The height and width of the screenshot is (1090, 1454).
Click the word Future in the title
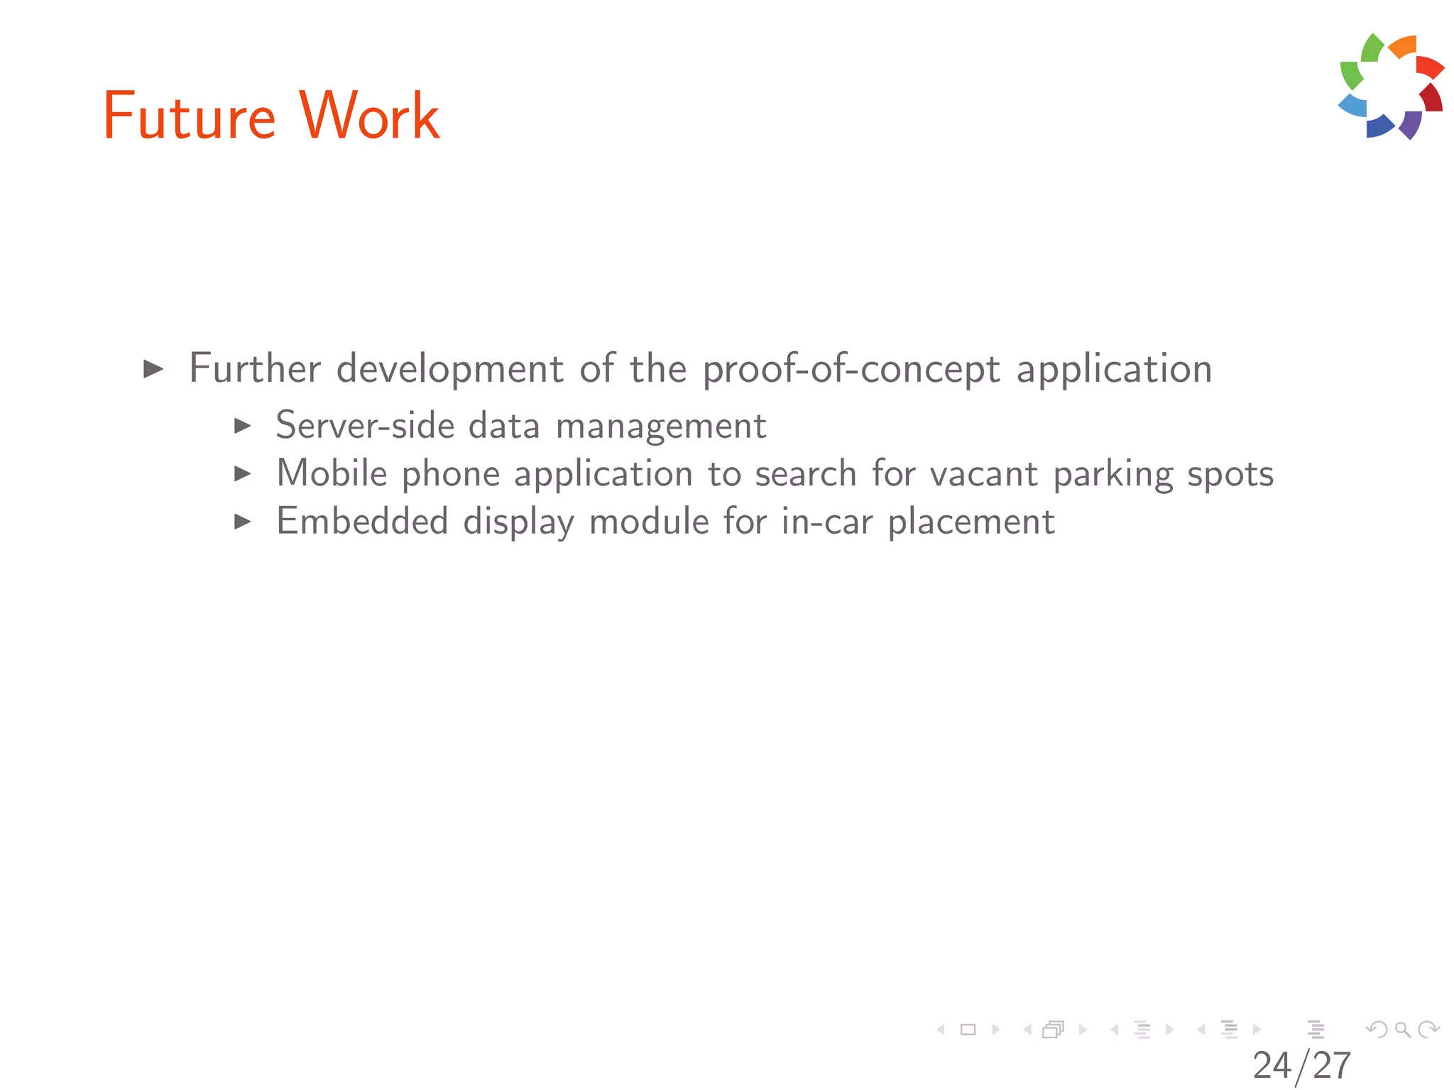coord(189,116)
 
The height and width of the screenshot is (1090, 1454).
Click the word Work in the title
coord(369,116)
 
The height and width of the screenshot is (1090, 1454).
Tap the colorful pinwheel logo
coord(1391,86)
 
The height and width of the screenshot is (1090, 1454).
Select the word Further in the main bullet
coord(255,368)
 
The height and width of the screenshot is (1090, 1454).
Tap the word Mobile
coord(332,473)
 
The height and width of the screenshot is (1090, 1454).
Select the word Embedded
coord(362,522)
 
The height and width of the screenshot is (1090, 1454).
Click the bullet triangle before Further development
coord(153,369)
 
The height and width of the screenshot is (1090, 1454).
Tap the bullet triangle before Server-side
coord(243,426)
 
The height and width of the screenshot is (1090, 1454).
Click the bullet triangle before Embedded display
coord(243,522)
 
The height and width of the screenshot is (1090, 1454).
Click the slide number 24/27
coord(1301,1065)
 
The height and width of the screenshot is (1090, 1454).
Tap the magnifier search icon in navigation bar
coord(1402,1029)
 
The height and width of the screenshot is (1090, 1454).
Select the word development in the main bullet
coord(450,370)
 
